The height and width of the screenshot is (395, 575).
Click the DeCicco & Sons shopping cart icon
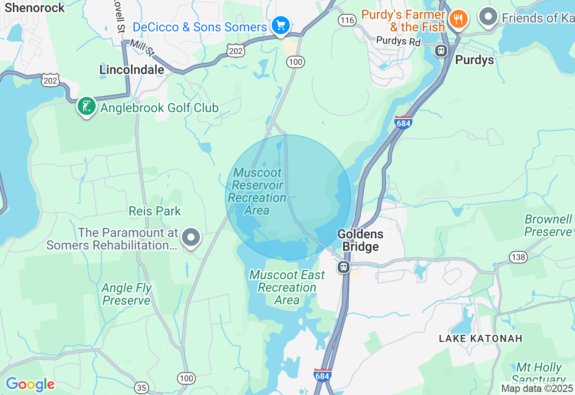[x=281, y=25]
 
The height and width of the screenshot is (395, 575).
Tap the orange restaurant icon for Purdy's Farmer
[x=459, y=19]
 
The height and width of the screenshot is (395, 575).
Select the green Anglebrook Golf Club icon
[x=86, y=106]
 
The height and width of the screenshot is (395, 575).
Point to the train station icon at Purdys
[x=442, y=50]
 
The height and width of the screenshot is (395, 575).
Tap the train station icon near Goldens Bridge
[x=344, y=267]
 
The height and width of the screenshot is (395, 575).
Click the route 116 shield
[x=347, y=20]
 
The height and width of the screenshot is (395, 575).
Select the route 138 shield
[x=518, y=257]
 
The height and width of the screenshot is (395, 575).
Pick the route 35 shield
[x=142, y=387]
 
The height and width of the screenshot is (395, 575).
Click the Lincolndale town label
[x=132, y=70]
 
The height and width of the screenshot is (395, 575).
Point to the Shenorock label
[x=35, y=8]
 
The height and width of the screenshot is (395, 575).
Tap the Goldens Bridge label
[x=360, y=240]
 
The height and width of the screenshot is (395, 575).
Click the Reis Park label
[x=155, y=211]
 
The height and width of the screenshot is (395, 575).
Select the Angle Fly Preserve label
[x=126, y=294]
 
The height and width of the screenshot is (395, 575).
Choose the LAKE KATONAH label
[x=481, y=338]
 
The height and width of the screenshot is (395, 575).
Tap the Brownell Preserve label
[x=548, y=225]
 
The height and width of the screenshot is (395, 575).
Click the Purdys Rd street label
[x=398, y=41]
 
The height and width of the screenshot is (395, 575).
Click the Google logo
[x=30, y=384]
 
